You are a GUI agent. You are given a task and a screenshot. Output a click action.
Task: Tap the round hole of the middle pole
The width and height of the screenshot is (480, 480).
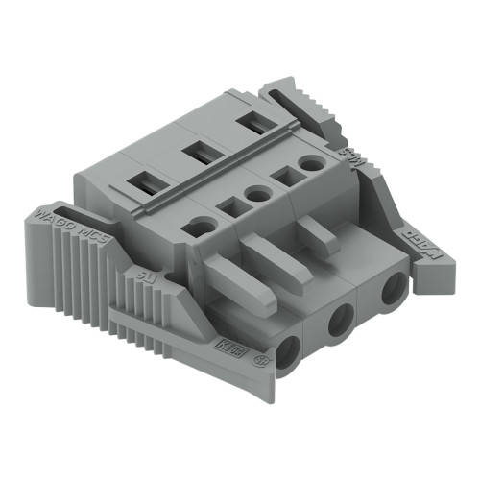pyautogui.click(x=257, y=195)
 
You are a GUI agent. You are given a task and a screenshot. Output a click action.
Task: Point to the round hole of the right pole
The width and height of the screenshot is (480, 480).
pyautogui.click(x=310, y=164)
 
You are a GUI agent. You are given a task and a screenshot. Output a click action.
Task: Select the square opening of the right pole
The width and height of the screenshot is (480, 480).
pyautogui.click(x=285, y=175)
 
